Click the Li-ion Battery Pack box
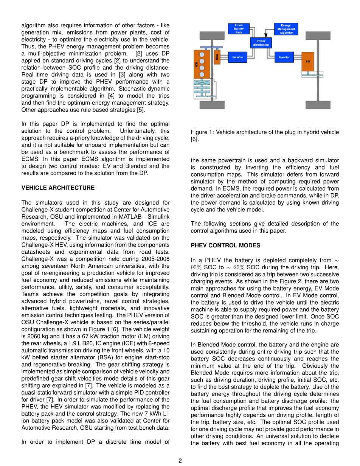tap(239, 29)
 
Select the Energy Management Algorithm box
tap(286, 29)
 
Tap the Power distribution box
tap(261, 43)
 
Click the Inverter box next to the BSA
tap(237, 57)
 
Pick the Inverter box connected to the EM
tap(284, 57)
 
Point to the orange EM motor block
tap(307, 61)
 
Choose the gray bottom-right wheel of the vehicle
tap(318, 105)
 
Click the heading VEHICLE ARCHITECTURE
tap(58, 188)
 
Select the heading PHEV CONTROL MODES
tap(225, 245)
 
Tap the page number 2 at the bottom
tap(180, 460)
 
